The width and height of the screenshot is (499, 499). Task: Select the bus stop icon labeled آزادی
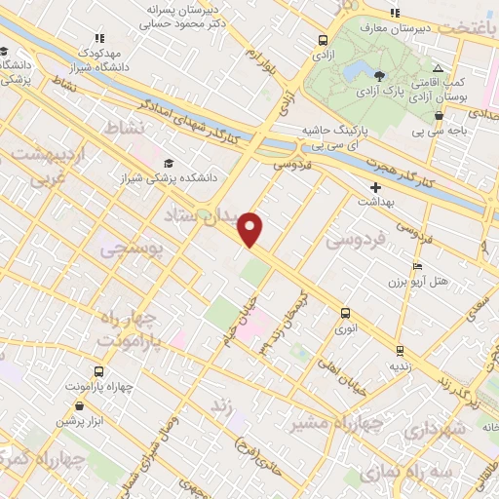coord(323,40)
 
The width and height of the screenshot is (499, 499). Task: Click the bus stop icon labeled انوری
coord(344,313)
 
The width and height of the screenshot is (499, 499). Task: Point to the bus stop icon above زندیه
coord(400,350)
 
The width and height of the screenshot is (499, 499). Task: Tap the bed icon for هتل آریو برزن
coord(417,266)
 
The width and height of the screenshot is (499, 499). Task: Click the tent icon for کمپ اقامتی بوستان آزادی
coord(438,68)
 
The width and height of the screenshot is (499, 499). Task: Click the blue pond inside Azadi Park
coord(354,72)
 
